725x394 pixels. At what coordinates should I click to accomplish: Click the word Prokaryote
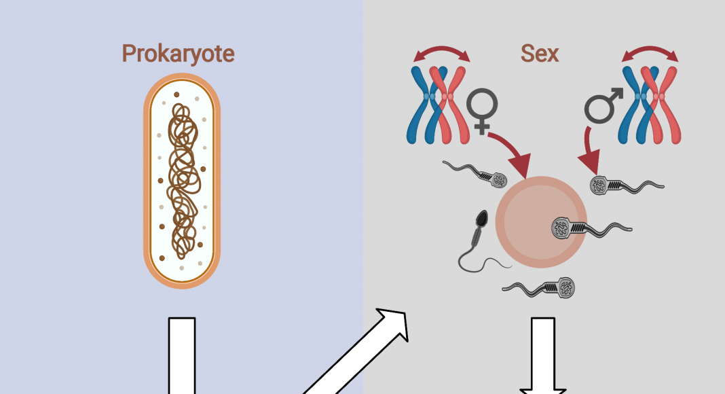178,54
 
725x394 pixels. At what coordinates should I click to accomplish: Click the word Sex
540,54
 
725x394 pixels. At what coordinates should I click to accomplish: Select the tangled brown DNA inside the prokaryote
181,181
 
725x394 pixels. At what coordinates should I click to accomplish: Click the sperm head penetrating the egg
563,228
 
